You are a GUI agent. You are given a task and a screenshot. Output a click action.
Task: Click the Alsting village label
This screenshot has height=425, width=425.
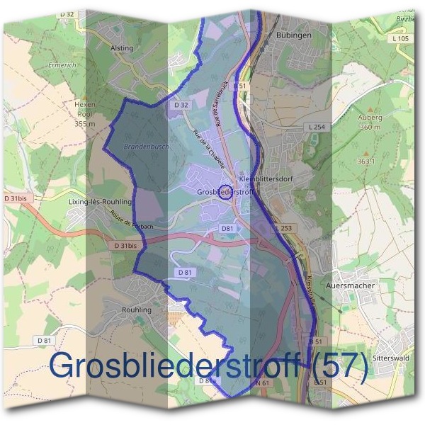122,48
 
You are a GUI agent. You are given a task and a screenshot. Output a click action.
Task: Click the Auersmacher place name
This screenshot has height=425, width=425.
348,285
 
